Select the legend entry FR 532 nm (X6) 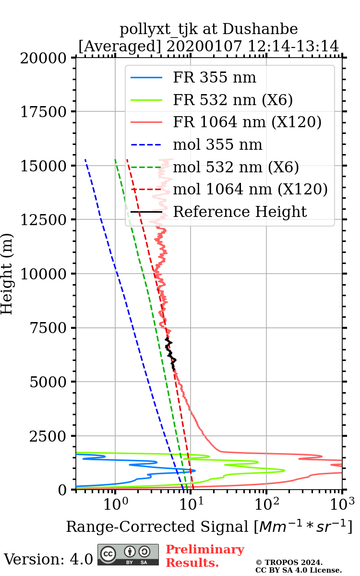[x=233, y=100]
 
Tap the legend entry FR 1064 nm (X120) [x=247, y=122]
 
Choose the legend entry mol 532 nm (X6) [x=236, y=167]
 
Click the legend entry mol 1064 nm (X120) [x=250, y=189]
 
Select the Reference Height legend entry [x=240, y=212]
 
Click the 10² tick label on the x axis [x=267, y=504]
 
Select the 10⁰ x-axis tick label [x=115, y=504]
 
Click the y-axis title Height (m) [x=7, y=274]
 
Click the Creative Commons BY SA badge [x=128, y=554]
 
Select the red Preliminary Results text [x=204, y=556]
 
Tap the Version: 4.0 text [x=48, y=559]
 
